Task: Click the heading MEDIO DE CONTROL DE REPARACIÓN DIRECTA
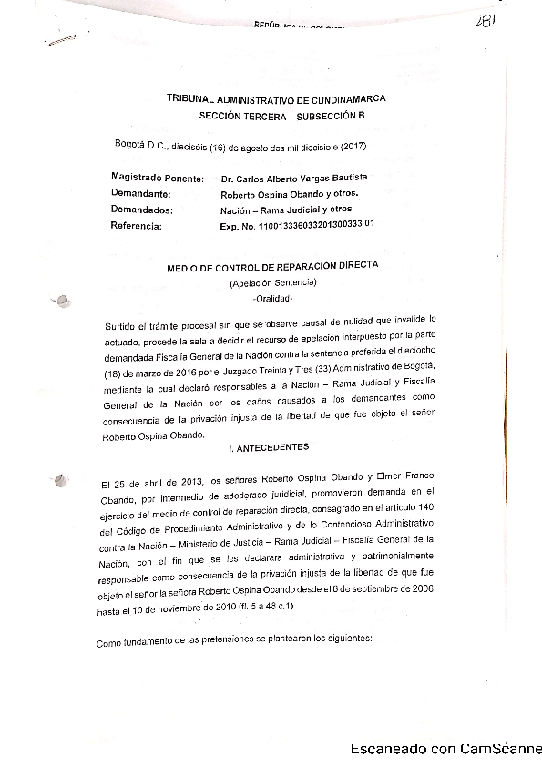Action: click(272, 265)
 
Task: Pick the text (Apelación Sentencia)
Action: click(272, 283)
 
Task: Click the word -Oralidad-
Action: click(271, 299)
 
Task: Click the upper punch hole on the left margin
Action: click(62, 301)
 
